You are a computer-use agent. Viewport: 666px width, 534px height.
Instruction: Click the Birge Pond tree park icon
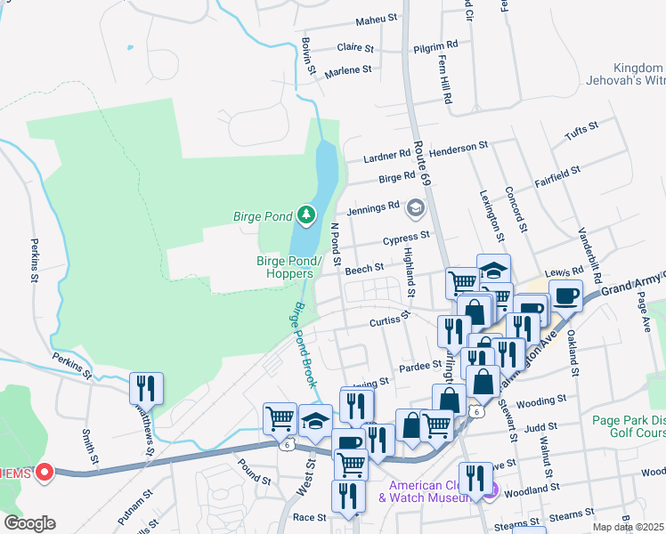[x=306, y=214]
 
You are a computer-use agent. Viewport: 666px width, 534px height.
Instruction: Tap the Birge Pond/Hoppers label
[x=284, y=267]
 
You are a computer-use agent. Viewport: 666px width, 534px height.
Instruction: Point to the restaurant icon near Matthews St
[x=144, y=388]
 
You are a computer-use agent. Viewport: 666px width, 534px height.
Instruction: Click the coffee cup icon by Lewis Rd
[x=565, y=295]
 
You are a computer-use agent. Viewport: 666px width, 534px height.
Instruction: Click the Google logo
[x=29, y=523]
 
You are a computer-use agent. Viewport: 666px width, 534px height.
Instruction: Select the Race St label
[x=309, y=517]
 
